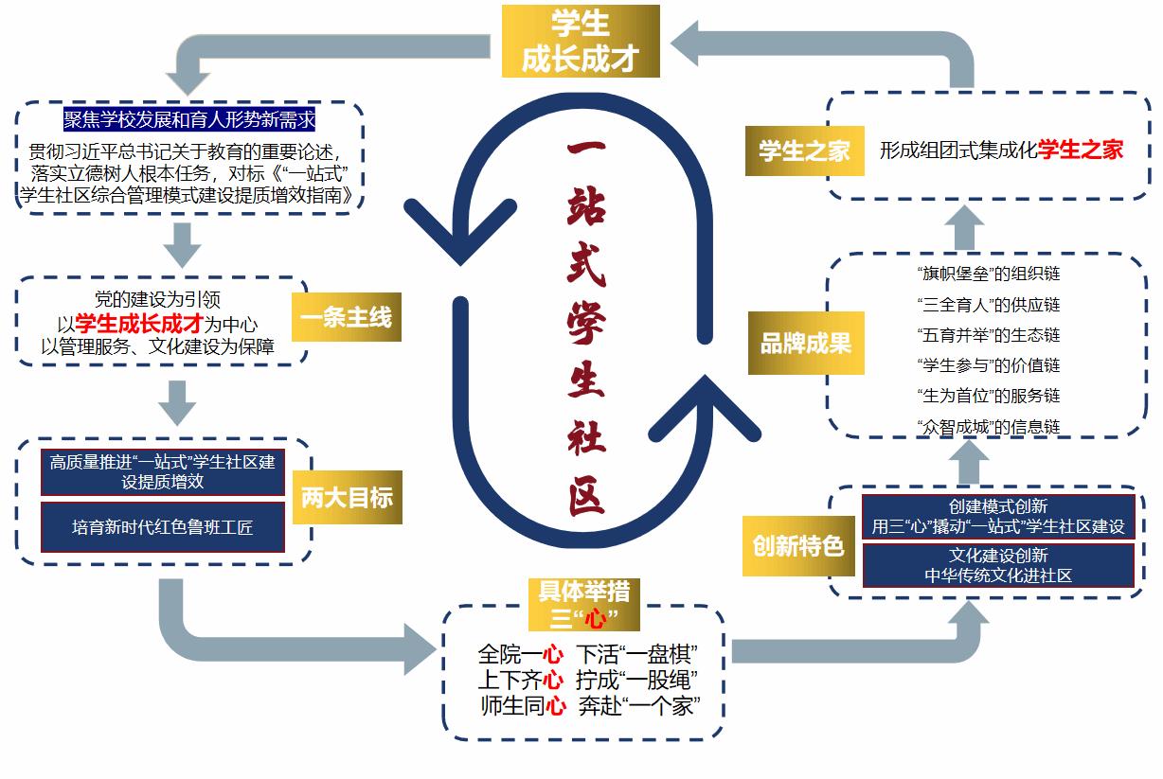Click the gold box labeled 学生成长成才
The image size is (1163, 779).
(580, 41)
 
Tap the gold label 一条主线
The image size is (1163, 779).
(347, 317)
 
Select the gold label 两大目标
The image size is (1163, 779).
(347, 497)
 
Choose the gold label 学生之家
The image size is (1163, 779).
(804, 150)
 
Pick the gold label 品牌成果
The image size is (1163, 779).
(804, 343)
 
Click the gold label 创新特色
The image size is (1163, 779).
(797, 546)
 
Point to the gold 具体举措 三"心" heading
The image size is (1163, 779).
(583, 605)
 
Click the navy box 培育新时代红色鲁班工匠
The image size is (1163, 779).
(163, 527)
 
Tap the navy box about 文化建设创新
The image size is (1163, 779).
(997, 565)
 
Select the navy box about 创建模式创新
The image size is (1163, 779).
(997, 517)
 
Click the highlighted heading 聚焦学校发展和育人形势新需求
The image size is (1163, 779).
(189, 119)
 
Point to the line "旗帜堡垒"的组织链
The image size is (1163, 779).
(989, 274)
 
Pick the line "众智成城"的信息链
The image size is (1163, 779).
(989, 427)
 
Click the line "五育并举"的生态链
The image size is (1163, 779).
(989, 335)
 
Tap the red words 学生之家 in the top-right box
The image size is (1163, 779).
(1081, 150)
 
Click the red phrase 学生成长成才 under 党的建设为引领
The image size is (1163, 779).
(139, 324)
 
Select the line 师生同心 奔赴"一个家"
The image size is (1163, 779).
(589, 705)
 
